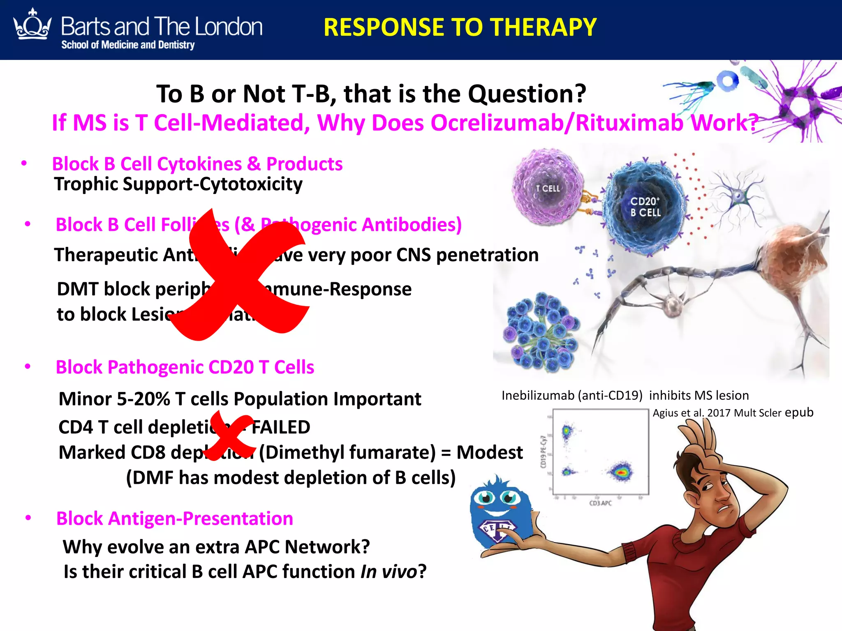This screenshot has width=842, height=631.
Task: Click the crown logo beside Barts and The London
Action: coord(32,25)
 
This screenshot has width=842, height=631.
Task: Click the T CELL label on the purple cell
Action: coord(548,189)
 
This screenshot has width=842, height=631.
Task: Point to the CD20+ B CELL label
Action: coord(645,207)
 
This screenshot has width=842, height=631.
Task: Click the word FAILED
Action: coord(280,427)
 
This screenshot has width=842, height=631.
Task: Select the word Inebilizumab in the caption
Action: coord(538,395)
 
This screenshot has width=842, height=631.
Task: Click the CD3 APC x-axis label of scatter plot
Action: coord(600,503)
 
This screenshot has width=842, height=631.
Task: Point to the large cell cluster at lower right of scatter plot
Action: coord(621,472)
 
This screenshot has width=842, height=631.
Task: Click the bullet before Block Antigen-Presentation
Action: coord(28,518)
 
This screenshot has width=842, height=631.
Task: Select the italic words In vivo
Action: coord(389,572)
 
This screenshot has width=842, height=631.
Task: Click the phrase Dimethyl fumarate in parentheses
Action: coord(347,452)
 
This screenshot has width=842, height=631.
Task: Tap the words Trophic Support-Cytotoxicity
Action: coord(178,184)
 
